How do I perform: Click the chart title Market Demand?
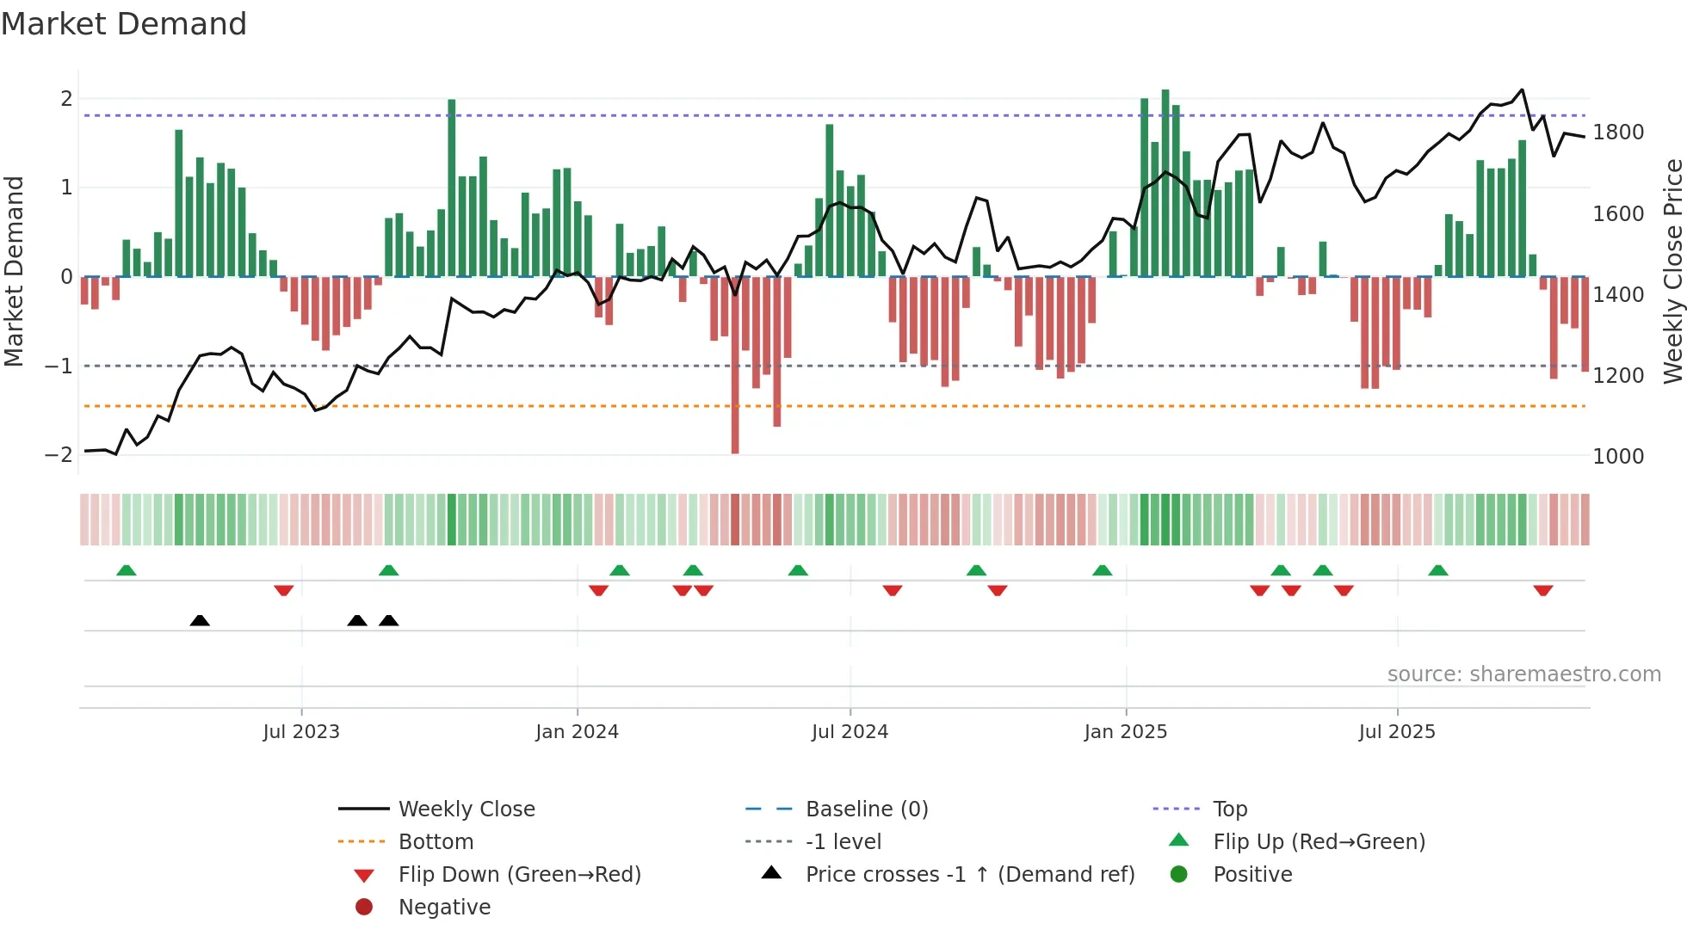pyautogui.click(x=124, y=24)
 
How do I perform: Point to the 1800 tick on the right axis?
pyautogui.click(x=1617, y=132)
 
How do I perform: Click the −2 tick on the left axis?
pyautogui.click(x=59, y=455)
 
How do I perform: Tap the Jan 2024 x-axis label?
pyautogui.click(x=577, y=732)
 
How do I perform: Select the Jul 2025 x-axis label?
pyautogui.click(x=1397, y=732)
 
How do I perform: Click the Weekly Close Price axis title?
pyautogui.click(x=1672, y=271)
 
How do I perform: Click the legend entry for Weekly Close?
pyautogui.click(x=466, y=809)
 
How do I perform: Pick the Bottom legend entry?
pyautogui.click(x=436, y=842)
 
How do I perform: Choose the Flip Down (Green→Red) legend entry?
pyautogui.click(x=519, y=875)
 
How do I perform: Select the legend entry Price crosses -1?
pyautogui.click(x=969, y=875)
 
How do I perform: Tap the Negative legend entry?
pyautogui.click(x=444, y=908)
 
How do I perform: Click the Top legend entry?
pyautogui.click(x=1230, y=809)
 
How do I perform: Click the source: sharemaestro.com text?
pyautogui.click(x=1523, y=674)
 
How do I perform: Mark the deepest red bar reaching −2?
pyautogui.click(x=735, y=366)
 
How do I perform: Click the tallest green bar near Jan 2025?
pyautogui.click(x=1165, y=182)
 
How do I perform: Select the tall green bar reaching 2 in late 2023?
pyautogui.click(x=452, y=188)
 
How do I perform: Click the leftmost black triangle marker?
pyautogui.click(x=200, y=620)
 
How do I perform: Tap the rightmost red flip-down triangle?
pyautogui.click(x=1542, y=590)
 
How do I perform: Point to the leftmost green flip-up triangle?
pyautogui.click(x=127, y=570)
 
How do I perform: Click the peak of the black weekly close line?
pyautogui.click(x=1522, y=89)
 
